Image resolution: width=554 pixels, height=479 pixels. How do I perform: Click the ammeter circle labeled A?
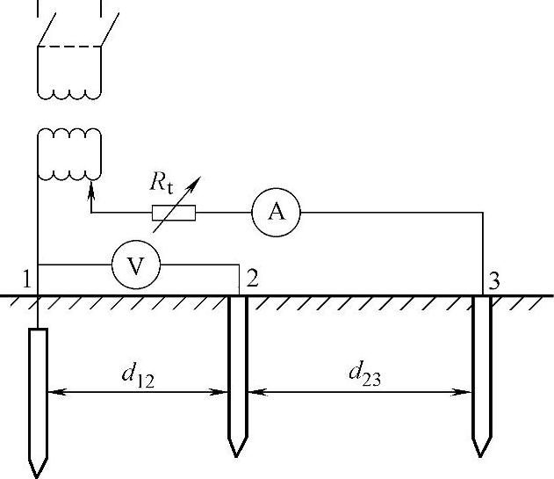277,212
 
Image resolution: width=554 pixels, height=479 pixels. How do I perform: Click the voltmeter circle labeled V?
135,265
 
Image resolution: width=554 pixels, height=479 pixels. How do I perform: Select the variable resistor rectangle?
174,212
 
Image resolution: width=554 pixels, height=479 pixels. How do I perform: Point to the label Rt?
162,183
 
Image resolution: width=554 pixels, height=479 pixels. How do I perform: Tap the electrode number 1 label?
28,280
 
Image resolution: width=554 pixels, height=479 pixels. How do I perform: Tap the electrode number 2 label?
253,279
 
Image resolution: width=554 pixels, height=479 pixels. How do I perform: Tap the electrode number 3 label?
495,281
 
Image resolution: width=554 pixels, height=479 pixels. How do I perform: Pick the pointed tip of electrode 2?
235,451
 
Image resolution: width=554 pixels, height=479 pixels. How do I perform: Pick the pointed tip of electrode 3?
480,451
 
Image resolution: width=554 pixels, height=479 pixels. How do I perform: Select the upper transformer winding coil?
69,88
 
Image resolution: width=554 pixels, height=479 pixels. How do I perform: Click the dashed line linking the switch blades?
70,47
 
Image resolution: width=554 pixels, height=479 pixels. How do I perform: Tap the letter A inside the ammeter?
277,212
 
